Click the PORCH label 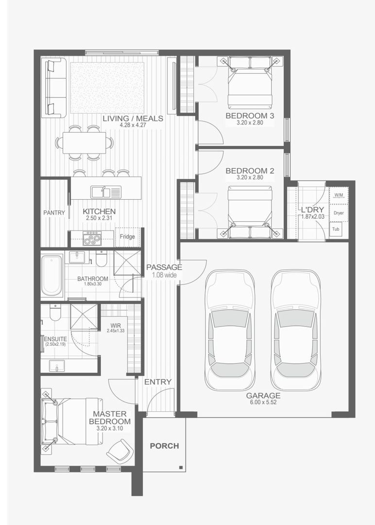164,446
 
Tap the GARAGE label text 263,395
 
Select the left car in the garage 230,331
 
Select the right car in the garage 295,331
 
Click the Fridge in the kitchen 128,237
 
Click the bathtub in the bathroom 52,275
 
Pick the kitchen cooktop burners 92,238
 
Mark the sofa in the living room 53,87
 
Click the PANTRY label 54,212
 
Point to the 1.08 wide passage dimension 164,275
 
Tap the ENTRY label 158,382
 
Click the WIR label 116,325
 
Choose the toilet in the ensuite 55,313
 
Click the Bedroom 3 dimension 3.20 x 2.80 250,123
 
